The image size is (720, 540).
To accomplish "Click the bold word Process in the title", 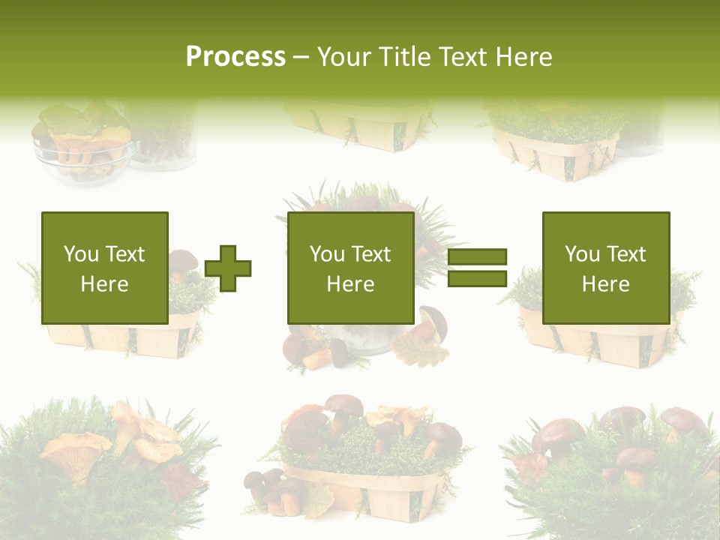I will click(235, 56).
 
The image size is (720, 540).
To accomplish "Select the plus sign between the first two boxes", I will click(228, 268).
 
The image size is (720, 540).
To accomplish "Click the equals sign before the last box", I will click(477, 268).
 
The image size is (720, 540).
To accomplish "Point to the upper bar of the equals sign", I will click(477, 257).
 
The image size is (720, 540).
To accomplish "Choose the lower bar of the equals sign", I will click(477, 278).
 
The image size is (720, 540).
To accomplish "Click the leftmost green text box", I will click(104, 268).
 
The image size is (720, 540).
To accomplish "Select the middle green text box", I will click(350, 268).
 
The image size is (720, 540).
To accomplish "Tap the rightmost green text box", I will click(605, 268).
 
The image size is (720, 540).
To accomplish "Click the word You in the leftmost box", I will click(81, 253).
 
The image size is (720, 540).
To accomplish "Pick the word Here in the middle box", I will click(350, 284).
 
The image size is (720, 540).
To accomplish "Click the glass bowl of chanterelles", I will click(82, 150).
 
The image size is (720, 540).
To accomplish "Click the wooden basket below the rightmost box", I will click(600, 345).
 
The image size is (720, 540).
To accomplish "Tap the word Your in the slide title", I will click(347, 57).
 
